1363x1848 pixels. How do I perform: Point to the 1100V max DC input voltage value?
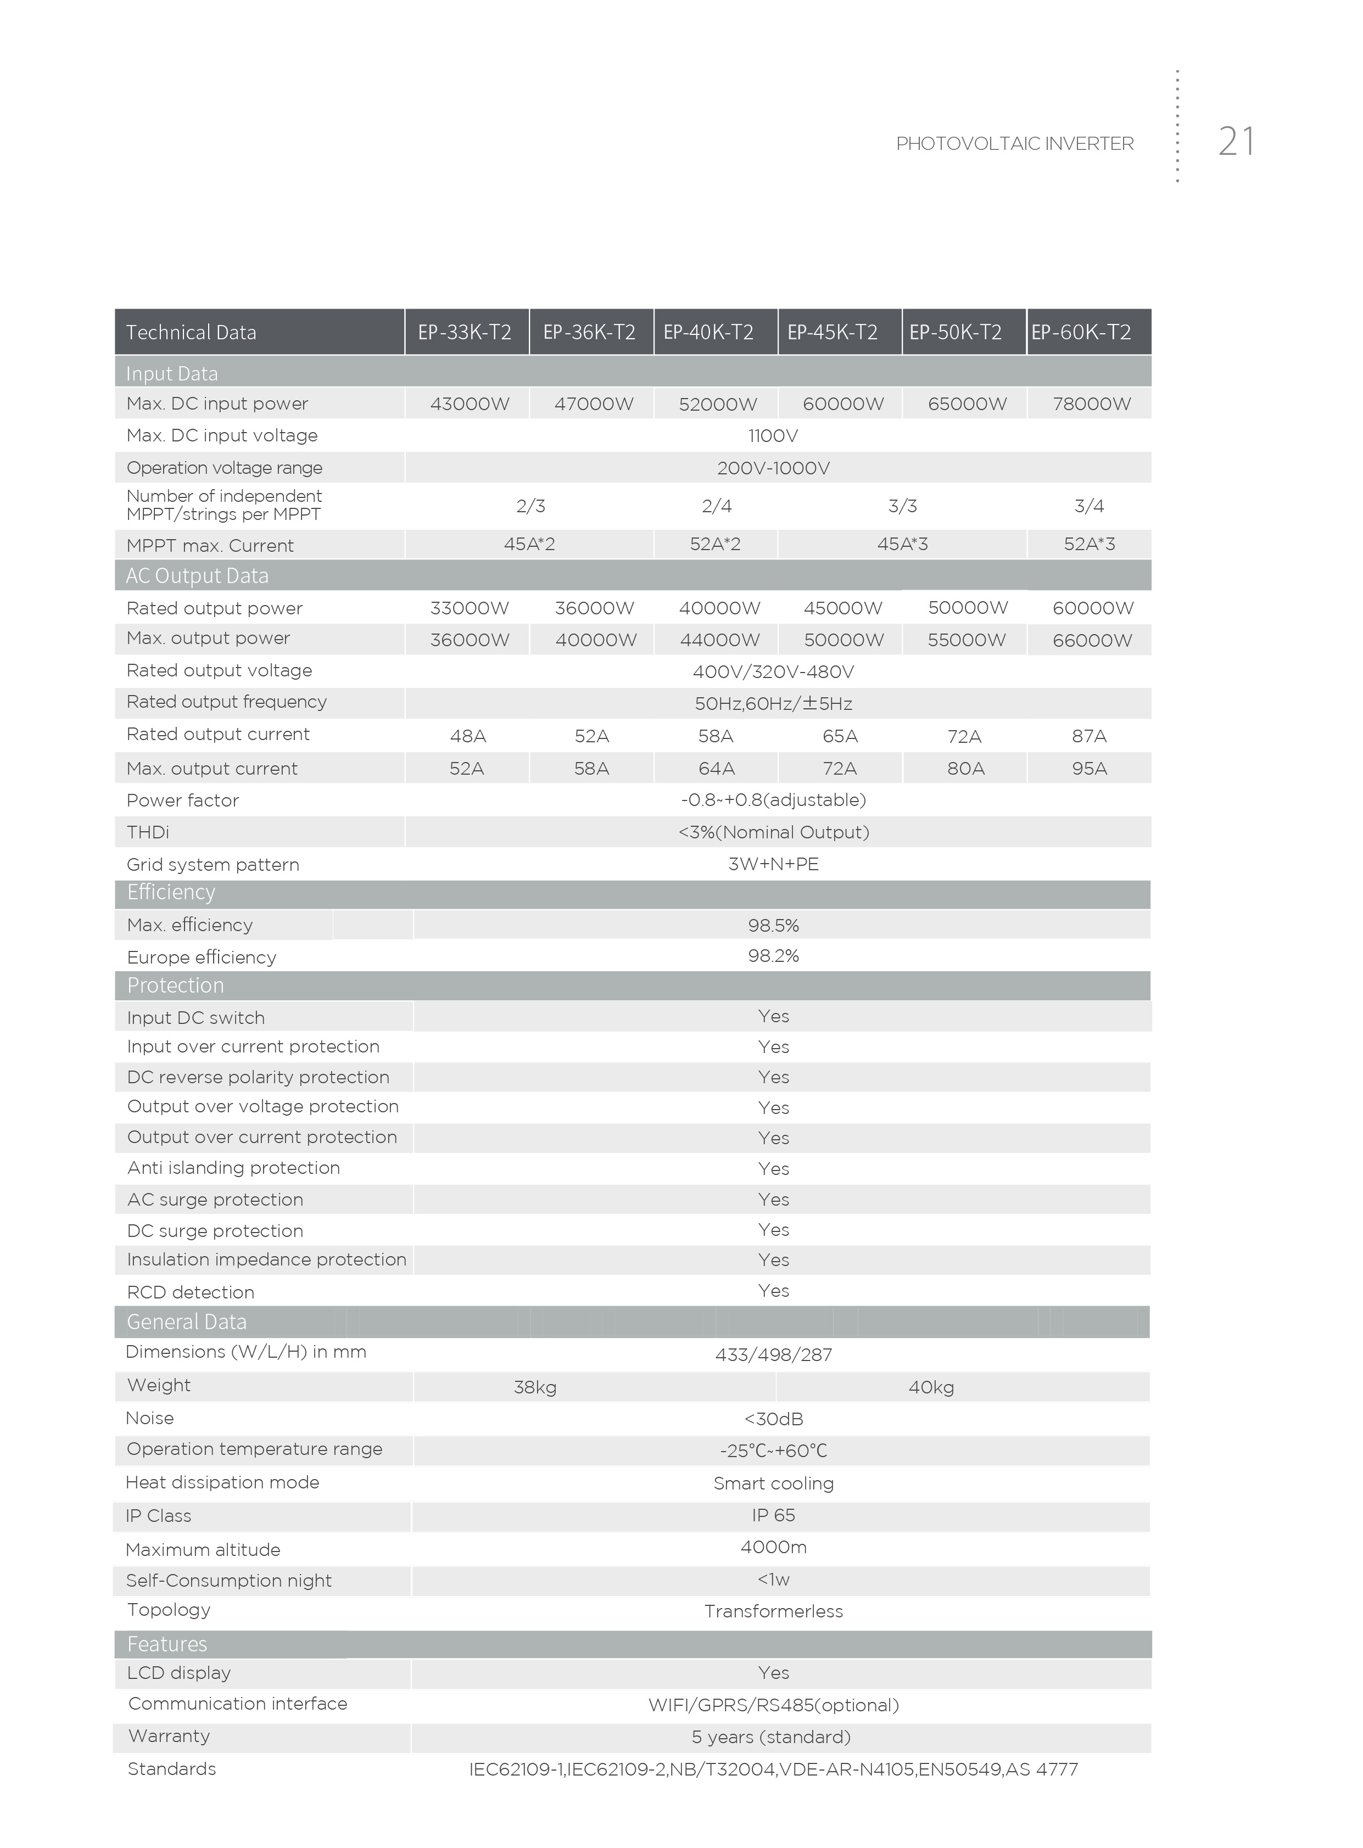(773, 435)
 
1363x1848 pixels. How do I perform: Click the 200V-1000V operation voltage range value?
(773, 468)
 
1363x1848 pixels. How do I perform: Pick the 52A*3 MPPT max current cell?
(1089, 544)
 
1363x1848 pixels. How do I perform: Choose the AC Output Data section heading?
(197, 575)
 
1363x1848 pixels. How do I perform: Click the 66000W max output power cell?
(1092, 641)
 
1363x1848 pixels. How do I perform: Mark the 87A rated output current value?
(1089, 736)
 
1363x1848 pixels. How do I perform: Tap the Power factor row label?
(182, 800)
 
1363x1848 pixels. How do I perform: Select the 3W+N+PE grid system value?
(773, 864)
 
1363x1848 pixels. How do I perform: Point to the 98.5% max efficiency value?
(773, 925)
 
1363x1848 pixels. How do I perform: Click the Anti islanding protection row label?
(233, 1168)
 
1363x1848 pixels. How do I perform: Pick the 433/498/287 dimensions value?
(773, 1355)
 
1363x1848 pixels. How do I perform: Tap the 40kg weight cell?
(931, 1388)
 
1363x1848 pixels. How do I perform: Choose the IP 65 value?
(773, 1516)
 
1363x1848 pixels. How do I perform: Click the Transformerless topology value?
(773, 1611)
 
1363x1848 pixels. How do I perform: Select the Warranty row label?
(169, 1736)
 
